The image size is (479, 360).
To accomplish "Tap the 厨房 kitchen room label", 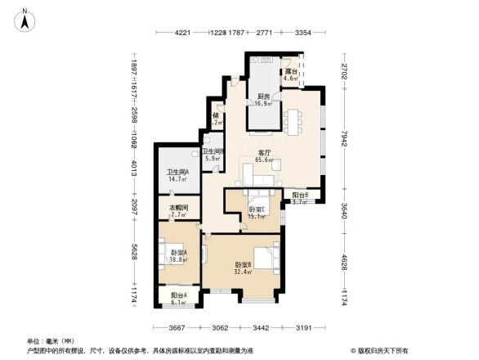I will pyautogui.click(x=262, y=95).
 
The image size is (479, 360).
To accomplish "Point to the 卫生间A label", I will pyautogui.click(x=177, y=172).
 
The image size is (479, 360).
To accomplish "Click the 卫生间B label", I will pyautogui.click(x=213, y=151).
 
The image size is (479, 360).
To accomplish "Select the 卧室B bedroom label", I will pyautogui.click(x=243, y=265).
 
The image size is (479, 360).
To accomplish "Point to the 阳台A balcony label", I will pyautogui.click(x=179, y=295).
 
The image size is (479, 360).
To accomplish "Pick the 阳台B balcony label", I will pyautogui.click(x=300, y=196).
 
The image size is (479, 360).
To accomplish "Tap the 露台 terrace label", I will pyautogui.click(x=291, y=72).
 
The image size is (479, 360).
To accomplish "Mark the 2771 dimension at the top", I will pyautogui.click(x=263, y=33).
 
